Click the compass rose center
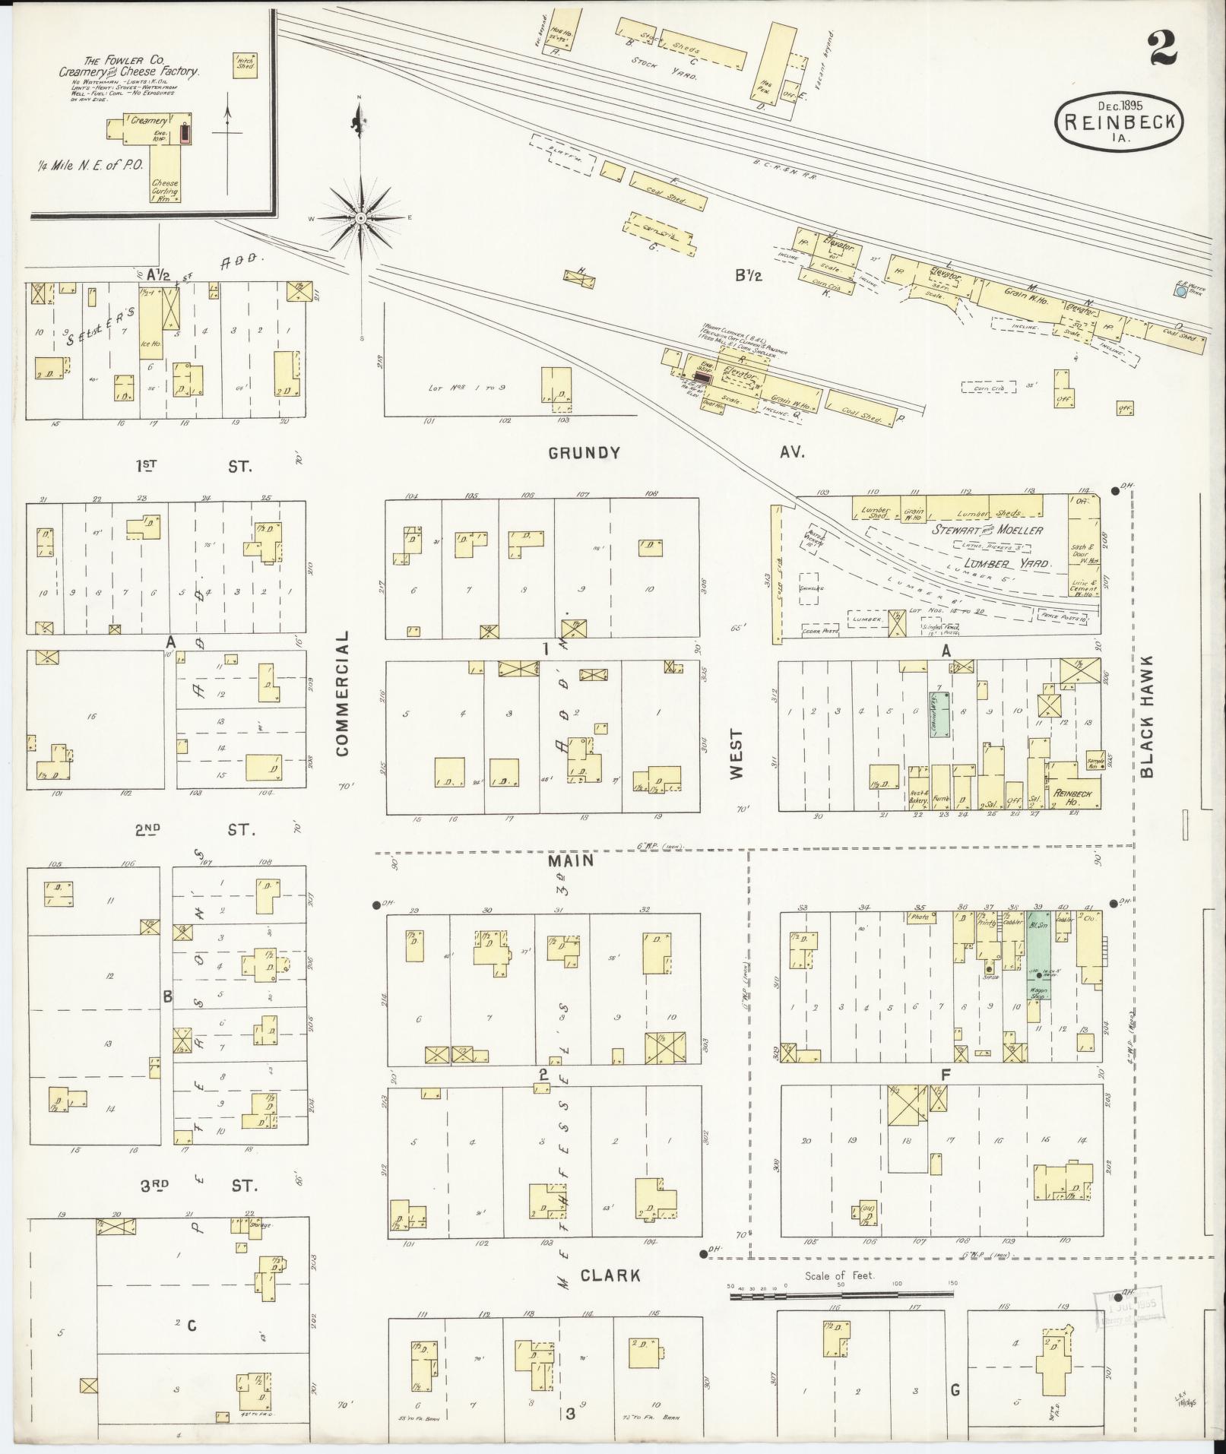coord(361,218)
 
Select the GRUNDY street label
coord(584,454)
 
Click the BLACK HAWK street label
coord(1146,716)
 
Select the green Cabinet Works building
coord(939,714)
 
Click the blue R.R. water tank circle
coord(1180,290)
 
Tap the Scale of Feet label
coord(840,1275)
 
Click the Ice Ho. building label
coord(147,342)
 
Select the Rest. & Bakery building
coord(920,794)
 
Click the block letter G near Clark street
coord(954,1389)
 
